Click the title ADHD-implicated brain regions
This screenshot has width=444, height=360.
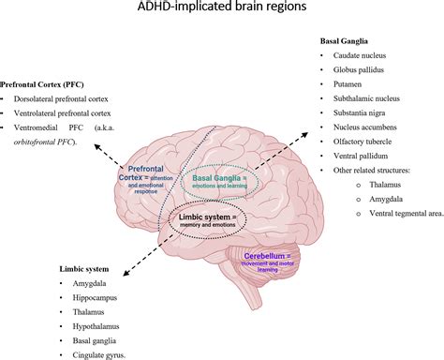[222, 12]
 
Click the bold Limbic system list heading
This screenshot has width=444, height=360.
[34, 265]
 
